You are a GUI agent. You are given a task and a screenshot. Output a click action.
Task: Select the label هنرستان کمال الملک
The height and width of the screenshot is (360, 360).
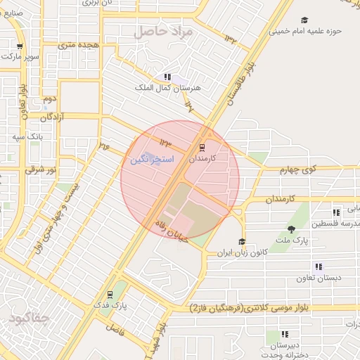point(167,88)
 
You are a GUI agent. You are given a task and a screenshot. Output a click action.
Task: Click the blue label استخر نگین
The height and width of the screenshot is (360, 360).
point(152,160)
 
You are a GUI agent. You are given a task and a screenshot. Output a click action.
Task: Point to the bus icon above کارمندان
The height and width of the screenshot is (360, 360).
point(202,148)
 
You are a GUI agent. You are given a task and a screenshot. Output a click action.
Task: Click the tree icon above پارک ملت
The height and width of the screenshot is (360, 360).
point(291,229)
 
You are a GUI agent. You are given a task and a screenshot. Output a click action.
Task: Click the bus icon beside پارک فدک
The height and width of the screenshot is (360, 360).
point(109,295)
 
